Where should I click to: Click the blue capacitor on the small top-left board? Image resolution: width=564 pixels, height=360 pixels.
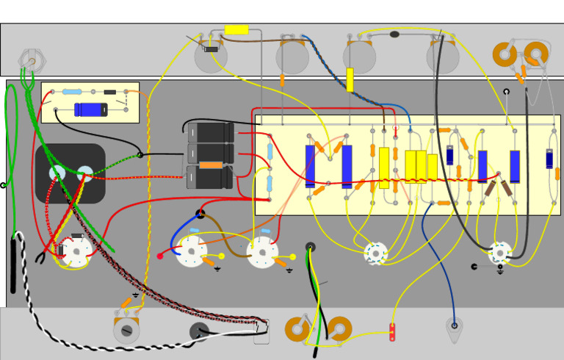(x=91, y=109)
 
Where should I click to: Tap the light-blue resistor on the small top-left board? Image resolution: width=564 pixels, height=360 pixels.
(x=72, y=92)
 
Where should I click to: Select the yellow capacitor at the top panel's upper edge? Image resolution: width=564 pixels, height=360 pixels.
(x=236, y=30)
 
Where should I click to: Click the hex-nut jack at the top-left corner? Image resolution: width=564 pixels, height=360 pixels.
(x=31, y=60)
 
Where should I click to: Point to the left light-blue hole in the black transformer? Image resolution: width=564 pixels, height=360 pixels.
(x=57, y=173)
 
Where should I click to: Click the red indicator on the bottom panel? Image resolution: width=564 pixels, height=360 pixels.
(x=392, y=332)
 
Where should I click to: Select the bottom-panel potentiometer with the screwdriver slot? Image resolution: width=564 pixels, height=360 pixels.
(x=126, y=330)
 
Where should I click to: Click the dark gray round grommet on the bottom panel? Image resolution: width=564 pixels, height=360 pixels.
(x=199, y=331)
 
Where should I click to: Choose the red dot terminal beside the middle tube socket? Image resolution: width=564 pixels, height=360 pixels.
(x=160, y=256)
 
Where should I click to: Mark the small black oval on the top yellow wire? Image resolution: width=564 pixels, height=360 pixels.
(x=394, y=35)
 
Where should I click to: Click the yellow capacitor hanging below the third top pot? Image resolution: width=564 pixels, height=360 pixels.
(x=350, y=79)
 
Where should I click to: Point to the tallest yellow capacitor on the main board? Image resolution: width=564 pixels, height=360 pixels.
(x=384, y=168)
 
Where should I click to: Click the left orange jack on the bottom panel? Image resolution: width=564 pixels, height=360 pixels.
(x=297, y=329)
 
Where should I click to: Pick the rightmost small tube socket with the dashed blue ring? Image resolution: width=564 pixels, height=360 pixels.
(x=500, y=253)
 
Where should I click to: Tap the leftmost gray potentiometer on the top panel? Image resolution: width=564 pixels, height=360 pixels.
(x=211, y=57)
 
